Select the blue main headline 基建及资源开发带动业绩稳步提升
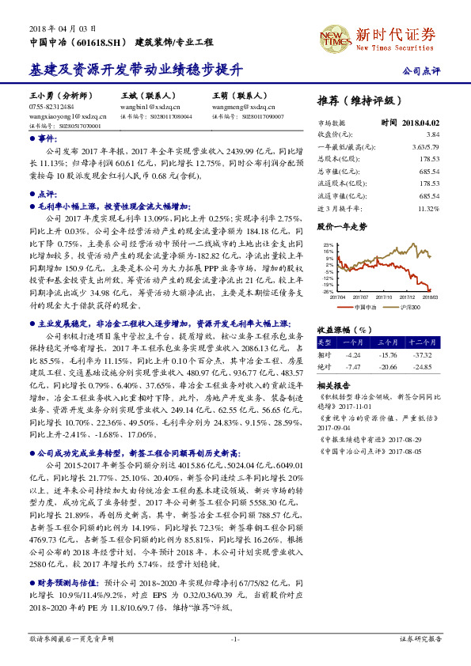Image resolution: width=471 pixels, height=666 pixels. click(135, 70)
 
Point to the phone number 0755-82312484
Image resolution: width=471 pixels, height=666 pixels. click(51, 105)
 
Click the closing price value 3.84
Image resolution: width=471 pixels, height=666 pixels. click(432, 135)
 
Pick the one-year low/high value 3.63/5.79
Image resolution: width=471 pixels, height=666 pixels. click(425, 147)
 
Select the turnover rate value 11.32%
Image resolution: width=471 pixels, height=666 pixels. click(428, 208)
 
